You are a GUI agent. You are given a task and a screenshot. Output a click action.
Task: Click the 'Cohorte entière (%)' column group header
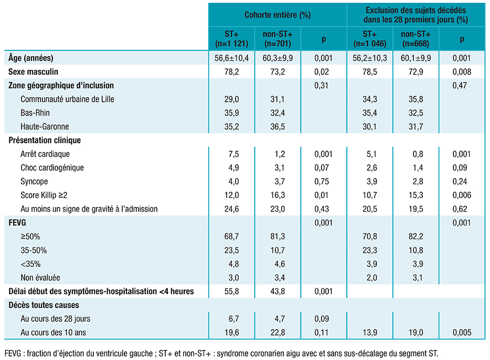(x=278, y=15)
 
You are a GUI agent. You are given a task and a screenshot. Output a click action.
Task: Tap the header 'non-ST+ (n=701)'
(x=278, y=39)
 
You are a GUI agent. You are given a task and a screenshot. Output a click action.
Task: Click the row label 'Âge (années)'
(x=31, y=58)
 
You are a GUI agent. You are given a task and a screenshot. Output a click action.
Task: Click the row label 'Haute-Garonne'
(x=45, y=126)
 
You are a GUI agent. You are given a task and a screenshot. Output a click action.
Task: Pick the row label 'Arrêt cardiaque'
(x=45, y=154)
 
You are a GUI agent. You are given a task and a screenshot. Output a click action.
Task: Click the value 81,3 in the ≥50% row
(x=278, y=237)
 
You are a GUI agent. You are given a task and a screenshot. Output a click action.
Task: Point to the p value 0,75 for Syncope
(x=323, y=182)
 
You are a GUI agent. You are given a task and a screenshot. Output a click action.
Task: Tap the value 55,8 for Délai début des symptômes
(x=231, y=291)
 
